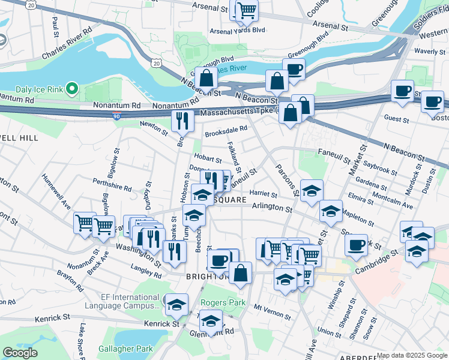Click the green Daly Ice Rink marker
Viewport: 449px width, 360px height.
click(73, 89)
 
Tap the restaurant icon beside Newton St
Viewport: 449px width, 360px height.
click(182, 120)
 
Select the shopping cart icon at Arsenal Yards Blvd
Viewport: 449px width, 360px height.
click(246, 10)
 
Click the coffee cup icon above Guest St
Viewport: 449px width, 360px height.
click(402, 91)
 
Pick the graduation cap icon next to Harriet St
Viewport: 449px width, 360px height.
click(311, 191)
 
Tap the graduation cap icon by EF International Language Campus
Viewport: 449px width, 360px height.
click(176, 304)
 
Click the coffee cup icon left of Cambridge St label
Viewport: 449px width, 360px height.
click(357, 245)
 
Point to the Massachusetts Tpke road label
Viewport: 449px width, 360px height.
click(238, 112)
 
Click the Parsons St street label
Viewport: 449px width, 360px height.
click(286, 180)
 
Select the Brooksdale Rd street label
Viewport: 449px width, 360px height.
click(226, 128)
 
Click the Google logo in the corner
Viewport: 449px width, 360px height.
click(19, 353)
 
